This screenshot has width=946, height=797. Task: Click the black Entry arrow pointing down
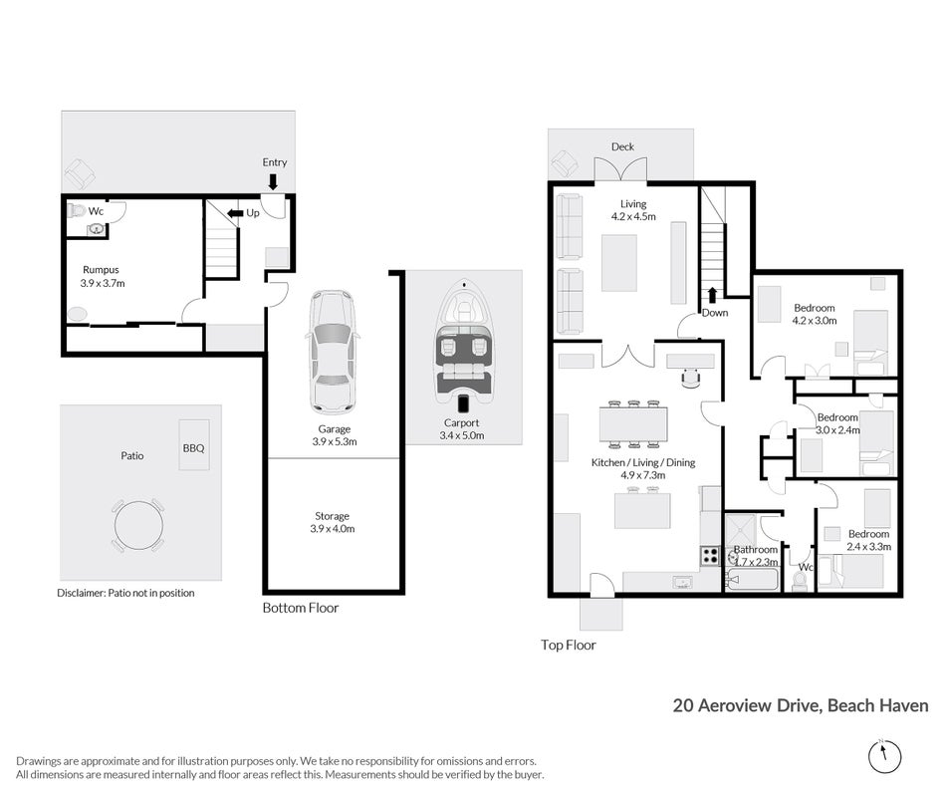[273, 181]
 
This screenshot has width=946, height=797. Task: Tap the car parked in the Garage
[333, 352]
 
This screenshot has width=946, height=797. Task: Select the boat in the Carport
[463, 346]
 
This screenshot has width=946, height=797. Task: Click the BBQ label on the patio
[193, 448]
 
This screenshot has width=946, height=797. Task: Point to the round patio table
[138, 525]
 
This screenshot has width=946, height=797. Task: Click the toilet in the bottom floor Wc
[77, 211]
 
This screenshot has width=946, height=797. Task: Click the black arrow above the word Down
[713, 295]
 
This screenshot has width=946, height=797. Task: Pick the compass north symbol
[884, 756]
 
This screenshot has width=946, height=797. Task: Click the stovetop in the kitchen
[709, 556]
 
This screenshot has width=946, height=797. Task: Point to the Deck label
[622, 146]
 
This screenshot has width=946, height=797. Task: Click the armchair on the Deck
[565, 162]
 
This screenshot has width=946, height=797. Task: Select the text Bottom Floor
[301, 608]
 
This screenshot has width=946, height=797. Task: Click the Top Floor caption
[569, 645]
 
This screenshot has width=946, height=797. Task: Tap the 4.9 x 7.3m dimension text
[643, 475]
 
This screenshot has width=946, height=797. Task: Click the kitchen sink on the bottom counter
[682, 582]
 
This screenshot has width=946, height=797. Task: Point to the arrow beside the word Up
[235, 213]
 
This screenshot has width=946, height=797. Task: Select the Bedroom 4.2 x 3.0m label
[815, 314]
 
